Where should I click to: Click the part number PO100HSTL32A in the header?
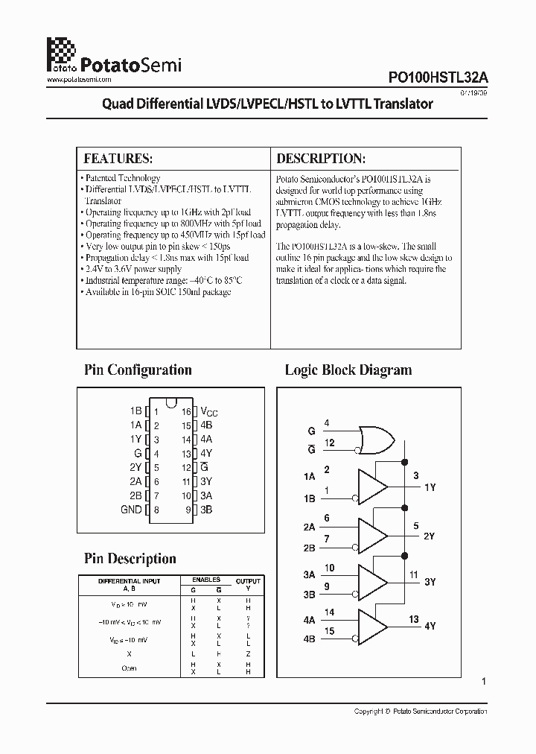438,77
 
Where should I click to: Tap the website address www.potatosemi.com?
79,79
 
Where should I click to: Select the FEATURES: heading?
118,159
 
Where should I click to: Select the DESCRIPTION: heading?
321,159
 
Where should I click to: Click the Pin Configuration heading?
138,370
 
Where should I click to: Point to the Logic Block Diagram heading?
348,370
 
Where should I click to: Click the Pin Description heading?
130,559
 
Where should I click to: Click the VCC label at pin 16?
209,411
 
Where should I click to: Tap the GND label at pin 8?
131,510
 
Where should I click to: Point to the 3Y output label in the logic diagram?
430,581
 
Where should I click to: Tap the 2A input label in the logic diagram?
309,527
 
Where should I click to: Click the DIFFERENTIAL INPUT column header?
129,581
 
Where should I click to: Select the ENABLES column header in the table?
206,579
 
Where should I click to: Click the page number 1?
484,681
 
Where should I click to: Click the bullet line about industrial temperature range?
163,280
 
